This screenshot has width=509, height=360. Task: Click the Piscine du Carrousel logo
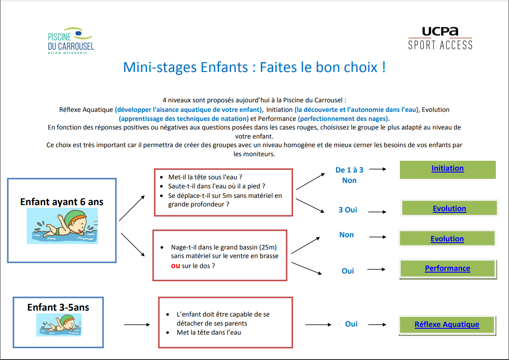[x=71, y=41]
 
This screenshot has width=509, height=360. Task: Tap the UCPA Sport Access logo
[x=440, y=38]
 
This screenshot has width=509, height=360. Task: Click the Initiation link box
[x=447, y=169]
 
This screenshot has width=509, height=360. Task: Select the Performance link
[x=447, y=269]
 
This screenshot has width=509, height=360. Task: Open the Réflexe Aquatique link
[x=447, y=325]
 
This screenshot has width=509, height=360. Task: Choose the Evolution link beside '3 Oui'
[x=449, y=208]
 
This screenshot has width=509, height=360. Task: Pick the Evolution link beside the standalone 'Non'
[x=447, y=239]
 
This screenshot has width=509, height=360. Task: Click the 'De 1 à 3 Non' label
[x=349, y=175]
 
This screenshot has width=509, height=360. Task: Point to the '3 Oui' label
[x=348, y=210]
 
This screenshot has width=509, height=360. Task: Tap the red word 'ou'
[x=175, y=266]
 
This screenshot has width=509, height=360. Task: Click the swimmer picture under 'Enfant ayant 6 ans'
[x=62, y=226]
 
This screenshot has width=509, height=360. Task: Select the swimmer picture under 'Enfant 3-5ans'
[x=59, y=325]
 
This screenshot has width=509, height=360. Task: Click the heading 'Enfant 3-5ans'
[x=58, y=307]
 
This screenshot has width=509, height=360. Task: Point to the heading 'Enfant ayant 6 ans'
[x=62, y=202]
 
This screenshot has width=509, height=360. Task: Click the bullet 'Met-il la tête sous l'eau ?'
[x=205, y=177]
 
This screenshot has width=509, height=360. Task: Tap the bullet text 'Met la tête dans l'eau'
[x=209, y=332]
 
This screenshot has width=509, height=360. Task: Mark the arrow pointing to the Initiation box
[x=378, y=169]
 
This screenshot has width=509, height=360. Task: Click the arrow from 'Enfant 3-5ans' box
[x=137, y=325]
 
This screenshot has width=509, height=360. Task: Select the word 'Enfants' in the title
[x=224, y=67]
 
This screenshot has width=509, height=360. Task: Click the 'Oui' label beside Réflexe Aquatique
[x=351, y=324]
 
